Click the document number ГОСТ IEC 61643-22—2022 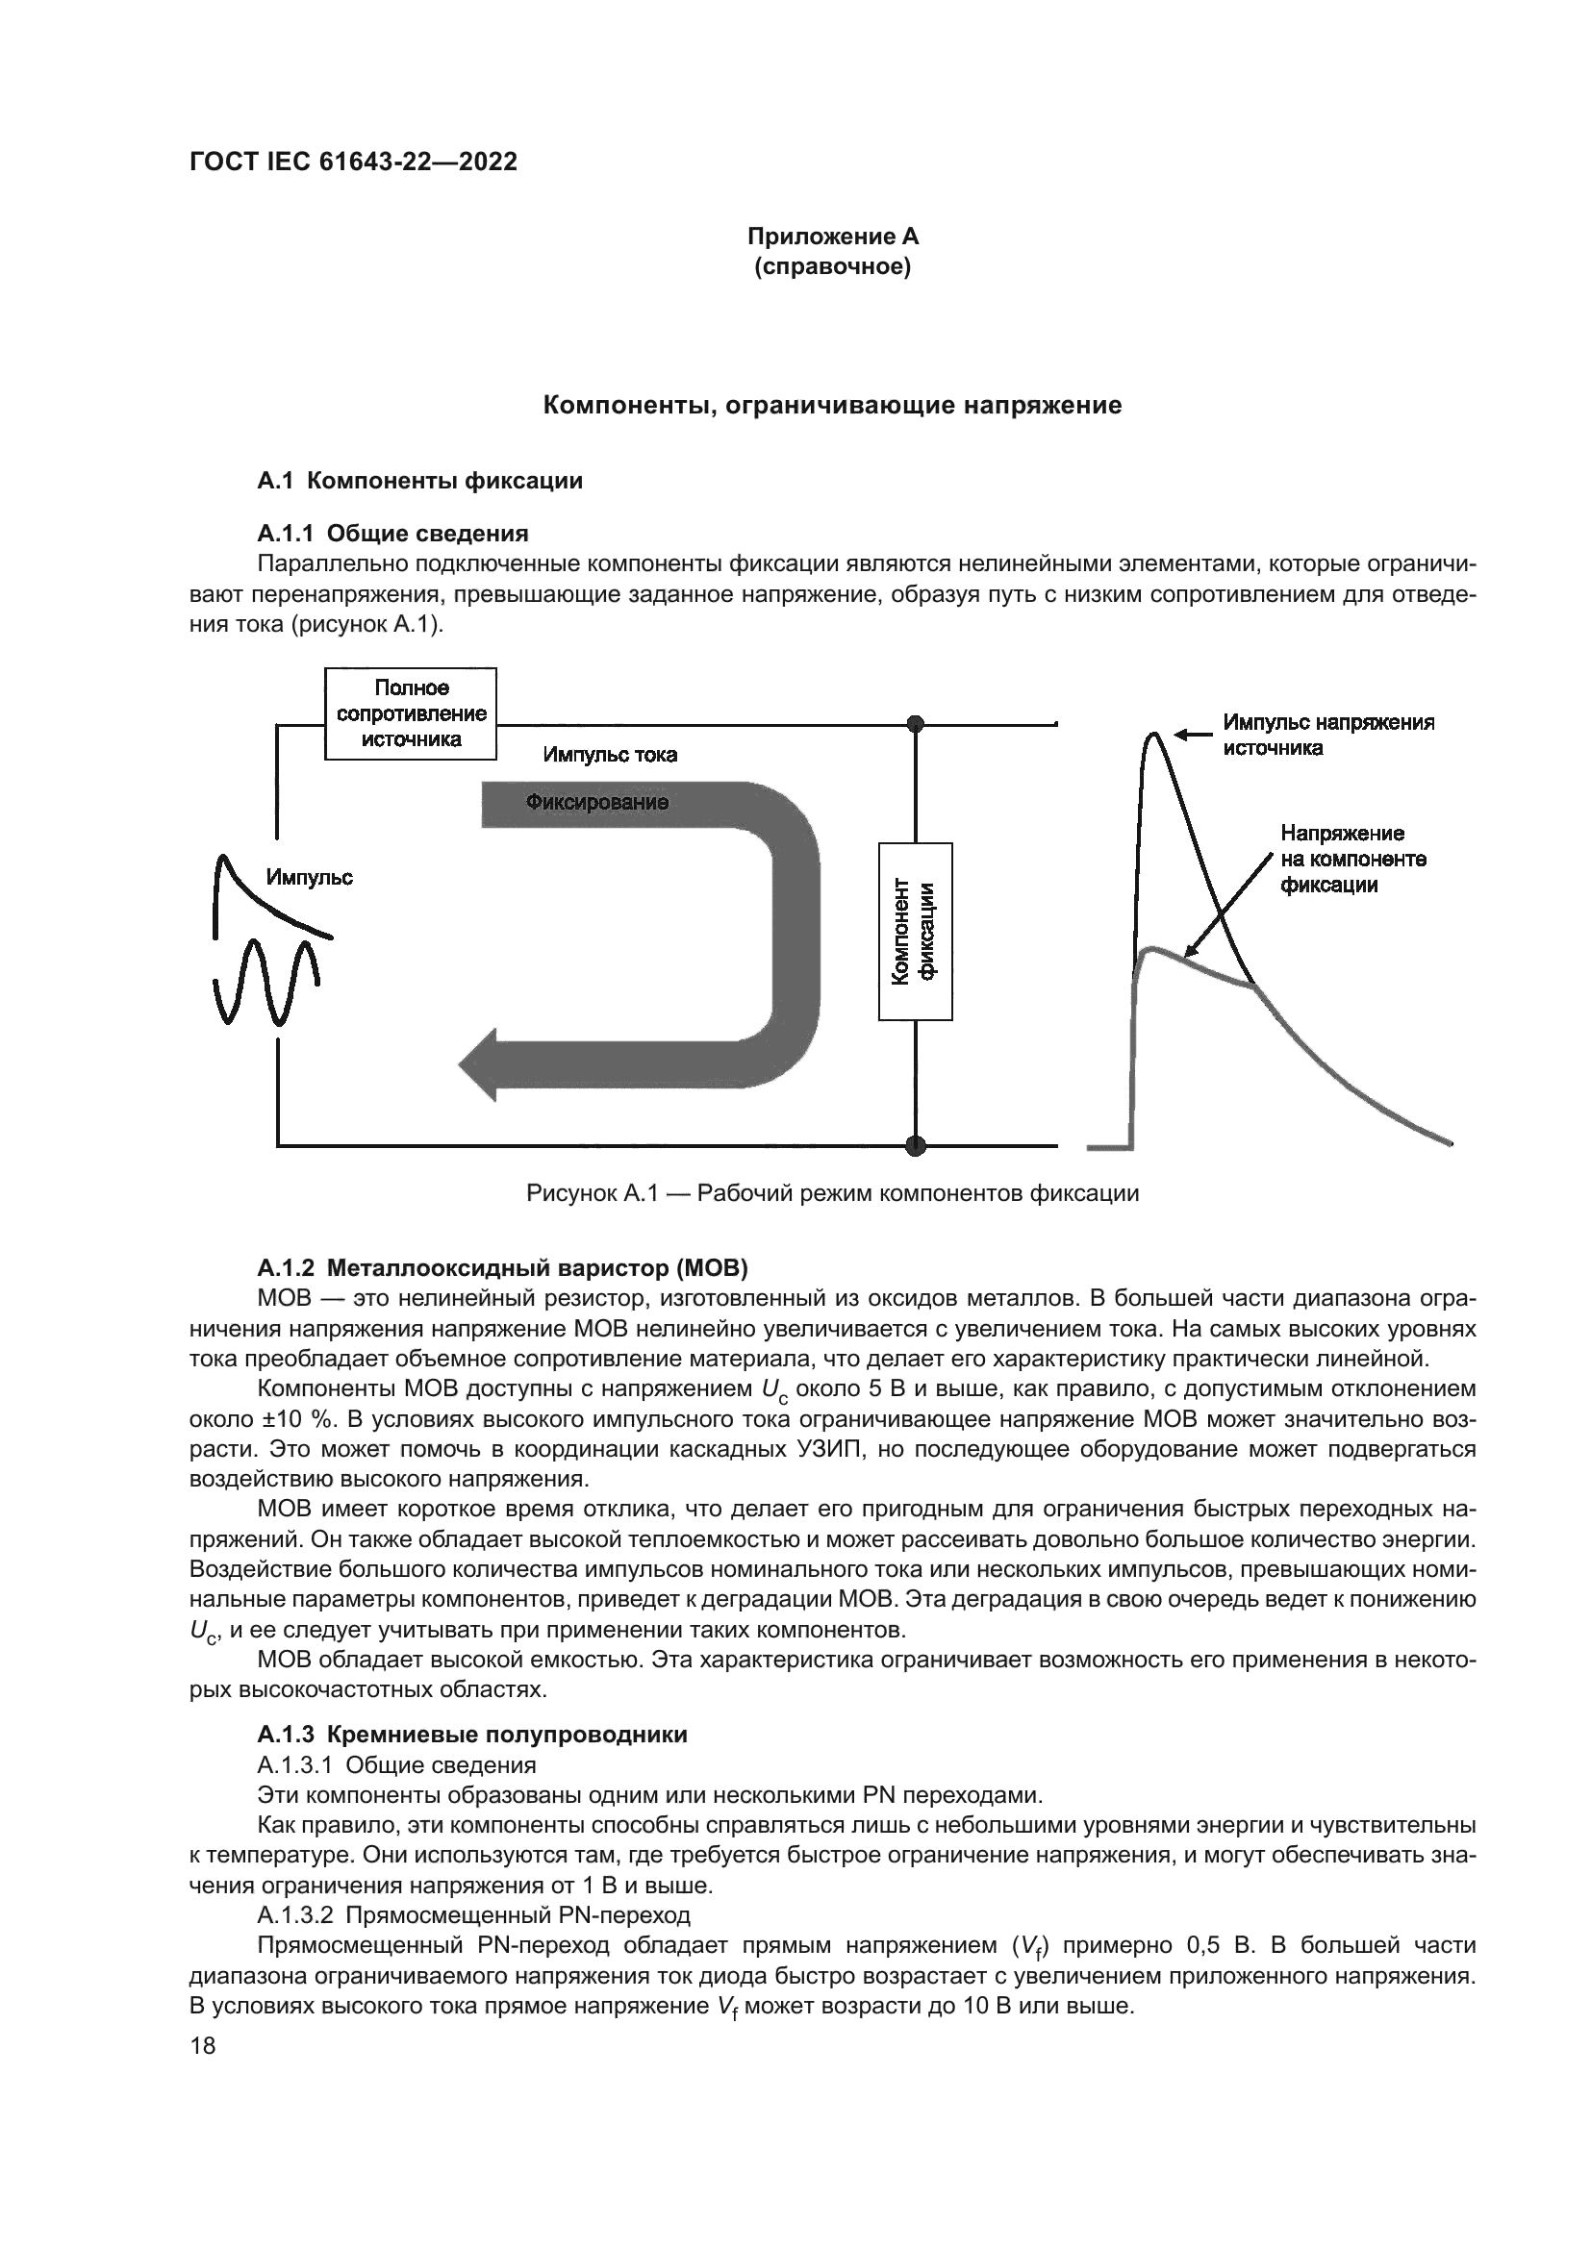pyautogui.click(x=354, y=162)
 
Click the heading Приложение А pyautogui.click(x=833, y=237)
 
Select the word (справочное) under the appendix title pyautogui.click(x=833, y=267)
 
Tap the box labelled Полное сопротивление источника pyautogui.click(x=411, y=714)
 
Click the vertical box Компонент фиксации pyautogui.click(x=915, y=931)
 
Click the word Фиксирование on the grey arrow pyautogui.click(x=596, y=803)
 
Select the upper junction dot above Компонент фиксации pyautogui.click(x=916, y=724)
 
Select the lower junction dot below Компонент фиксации pyautogui.click(x=916, y=1144)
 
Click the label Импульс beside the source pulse pyautogui.click(x=310, y=878)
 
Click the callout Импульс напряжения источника pyautogui.click(x=1327, y=736)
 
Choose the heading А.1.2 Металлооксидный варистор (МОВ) pyautogui.click(x=502, y=1269)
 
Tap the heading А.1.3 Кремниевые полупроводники pyautogui.click(x=472, y=1735)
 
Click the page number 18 pyautogui.click(x=203, y=2047)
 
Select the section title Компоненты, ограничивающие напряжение pyautogui.click(x=833, y=406)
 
